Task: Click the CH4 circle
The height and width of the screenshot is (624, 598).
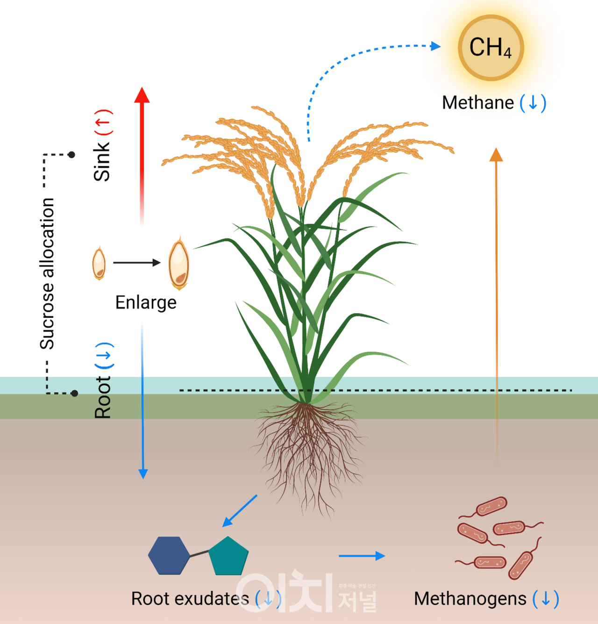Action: point(491,48)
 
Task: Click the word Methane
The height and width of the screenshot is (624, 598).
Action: point(477,103)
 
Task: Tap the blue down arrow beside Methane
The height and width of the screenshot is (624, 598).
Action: point(533,103)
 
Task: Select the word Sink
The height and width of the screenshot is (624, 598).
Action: point(102,162)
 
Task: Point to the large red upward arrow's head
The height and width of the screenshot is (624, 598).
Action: point(142,95)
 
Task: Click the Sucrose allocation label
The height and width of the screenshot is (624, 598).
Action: point(47,273)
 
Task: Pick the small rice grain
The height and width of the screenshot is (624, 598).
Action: point(99,264)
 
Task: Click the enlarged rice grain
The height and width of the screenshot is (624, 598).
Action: point(178,264)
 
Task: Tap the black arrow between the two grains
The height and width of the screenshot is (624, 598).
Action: point(136,263)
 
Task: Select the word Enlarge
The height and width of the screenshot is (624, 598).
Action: point(146,302)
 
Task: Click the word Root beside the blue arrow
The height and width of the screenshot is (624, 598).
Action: point(103,397)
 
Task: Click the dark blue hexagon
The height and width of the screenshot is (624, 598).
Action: point(169,555)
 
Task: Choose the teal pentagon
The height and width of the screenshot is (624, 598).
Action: point(228,557)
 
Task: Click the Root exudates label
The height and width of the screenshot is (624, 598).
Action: point(190,599)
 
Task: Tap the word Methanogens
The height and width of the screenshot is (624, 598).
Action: point(470,599)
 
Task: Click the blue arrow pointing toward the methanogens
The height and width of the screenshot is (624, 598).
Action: point(362,556)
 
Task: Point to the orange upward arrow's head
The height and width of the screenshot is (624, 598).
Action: point(496,155)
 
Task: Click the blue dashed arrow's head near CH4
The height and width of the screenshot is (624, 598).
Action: point(435,46)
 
